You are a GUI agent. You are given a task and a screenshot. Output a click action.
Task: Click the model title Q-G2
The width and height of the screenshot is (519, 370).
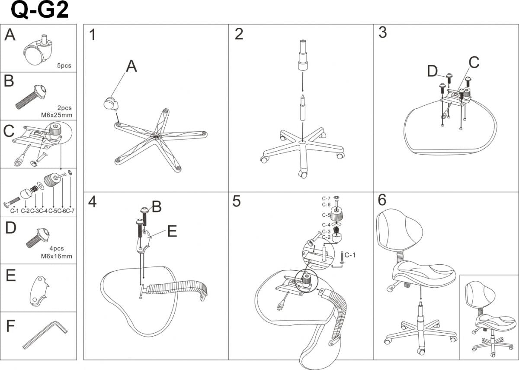(39, 10)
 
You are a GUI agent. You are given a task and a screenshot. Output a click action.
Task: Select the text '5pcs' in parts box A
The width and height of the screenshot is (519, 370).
(64, 66)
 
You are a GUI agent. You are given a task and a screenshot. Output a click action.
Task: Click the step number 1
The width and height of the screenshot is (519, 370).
(93, 35)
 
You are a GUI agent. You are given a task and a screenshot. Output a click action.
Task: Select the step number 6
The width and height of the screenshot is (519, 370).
(382, 201)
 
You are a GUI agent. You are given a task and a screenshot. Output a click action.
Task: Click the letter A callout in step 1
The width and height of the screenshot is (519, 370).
(131, 66)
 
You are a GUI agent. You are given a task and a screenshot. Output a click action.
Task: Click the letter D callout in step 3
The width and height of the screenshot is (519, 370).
(432, 71)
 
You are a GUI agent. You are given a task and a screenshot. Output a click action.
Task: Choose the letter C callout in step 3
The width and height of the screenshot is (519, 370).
(474, 63)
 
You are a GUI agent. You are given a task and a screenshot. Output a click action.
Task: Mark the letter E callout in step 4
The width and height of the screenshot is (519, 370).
(172, 232)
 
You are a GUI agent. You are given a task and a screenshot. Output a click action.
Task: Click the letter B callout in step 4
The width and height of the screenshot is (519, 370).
(157, 207)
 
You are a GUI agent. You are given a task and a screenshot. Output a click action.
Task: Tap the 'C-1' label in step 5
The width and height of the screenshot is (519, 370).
(350, 255)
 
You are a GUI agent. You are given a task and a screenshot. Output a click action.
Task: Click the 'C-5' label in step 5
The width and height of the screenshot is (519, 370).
(326, 215)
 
